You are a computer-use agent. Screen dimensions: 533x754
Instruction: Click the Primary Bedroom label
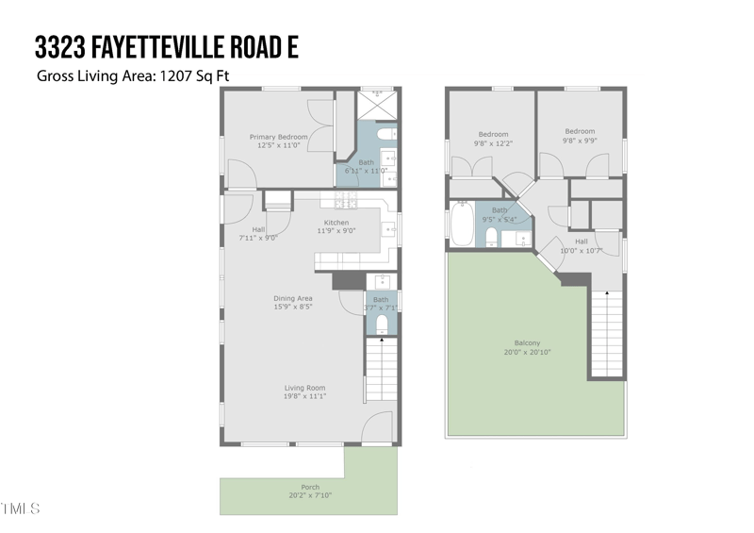coord(278,137)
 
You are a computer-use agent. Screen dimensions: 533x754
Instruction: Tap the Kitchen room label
coord(336,223)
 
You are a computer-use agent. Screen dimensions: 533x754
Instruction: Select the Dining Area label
coord(293,298)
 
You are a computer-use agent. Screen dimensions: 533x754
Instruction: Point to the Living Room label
coord(305,387)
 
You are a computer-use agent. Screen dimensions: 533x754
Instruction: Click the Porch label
coord(310,488)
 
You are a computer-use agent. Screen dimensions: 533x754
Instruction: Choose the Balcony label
coord(527,342)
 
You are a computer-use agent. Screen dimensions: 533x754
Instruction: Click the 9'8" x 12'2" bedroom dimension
coord(493,143)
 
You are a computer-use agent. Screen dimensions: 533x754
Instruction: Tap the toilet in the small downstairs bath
coord(382,325)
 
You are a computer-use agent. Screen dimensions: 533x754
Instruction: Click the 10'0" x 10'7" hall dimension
coord(581,251)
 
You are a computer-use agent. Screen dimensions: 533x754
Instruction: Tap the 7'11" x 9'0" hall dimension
coord(257,238)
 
